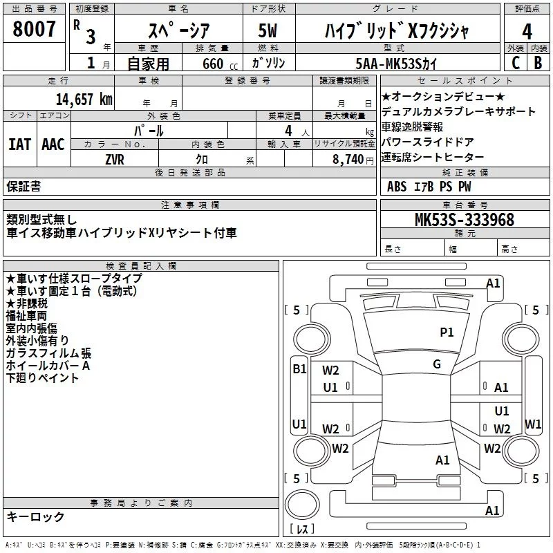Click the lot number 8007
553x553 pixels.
[x=34, y=29]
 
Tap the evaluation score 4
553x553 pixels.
[x=527, y=32]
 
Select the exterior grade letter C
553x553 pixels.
[x=516, y=63]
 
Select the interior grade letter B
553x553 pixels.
[x=538, y=63]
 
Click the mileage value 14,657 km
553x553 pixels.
[x=84, y=100]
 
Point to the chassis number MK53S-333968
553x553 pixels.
[x=465, y=220]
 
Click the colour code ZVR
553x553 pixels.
[x=115, y=160]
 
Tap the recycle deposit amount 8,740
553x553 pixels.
[x=348, y=160]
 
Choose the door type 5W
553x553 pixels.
[x=268, y=30]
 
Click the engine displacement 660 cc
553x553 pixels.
[x=220, y=64]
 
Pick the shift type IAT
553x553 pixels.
[x=20, y=144]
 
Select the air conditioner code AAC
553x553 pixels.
[x=53, y=144]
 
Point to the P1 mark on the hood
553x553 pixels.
[x=447, y=332]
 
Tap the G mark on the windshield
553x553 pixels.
[x=437, y=364]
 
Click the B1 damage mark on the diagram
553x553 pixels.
[x=300, y=369]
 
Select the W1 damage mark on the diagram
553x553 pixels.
[x=533, y=424]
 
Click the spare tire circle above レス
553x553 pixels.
[x=302, y=505]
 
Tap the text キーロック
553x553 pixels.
[x=35, y=517]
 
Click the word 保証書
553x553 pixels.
[x=24, y=187]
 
